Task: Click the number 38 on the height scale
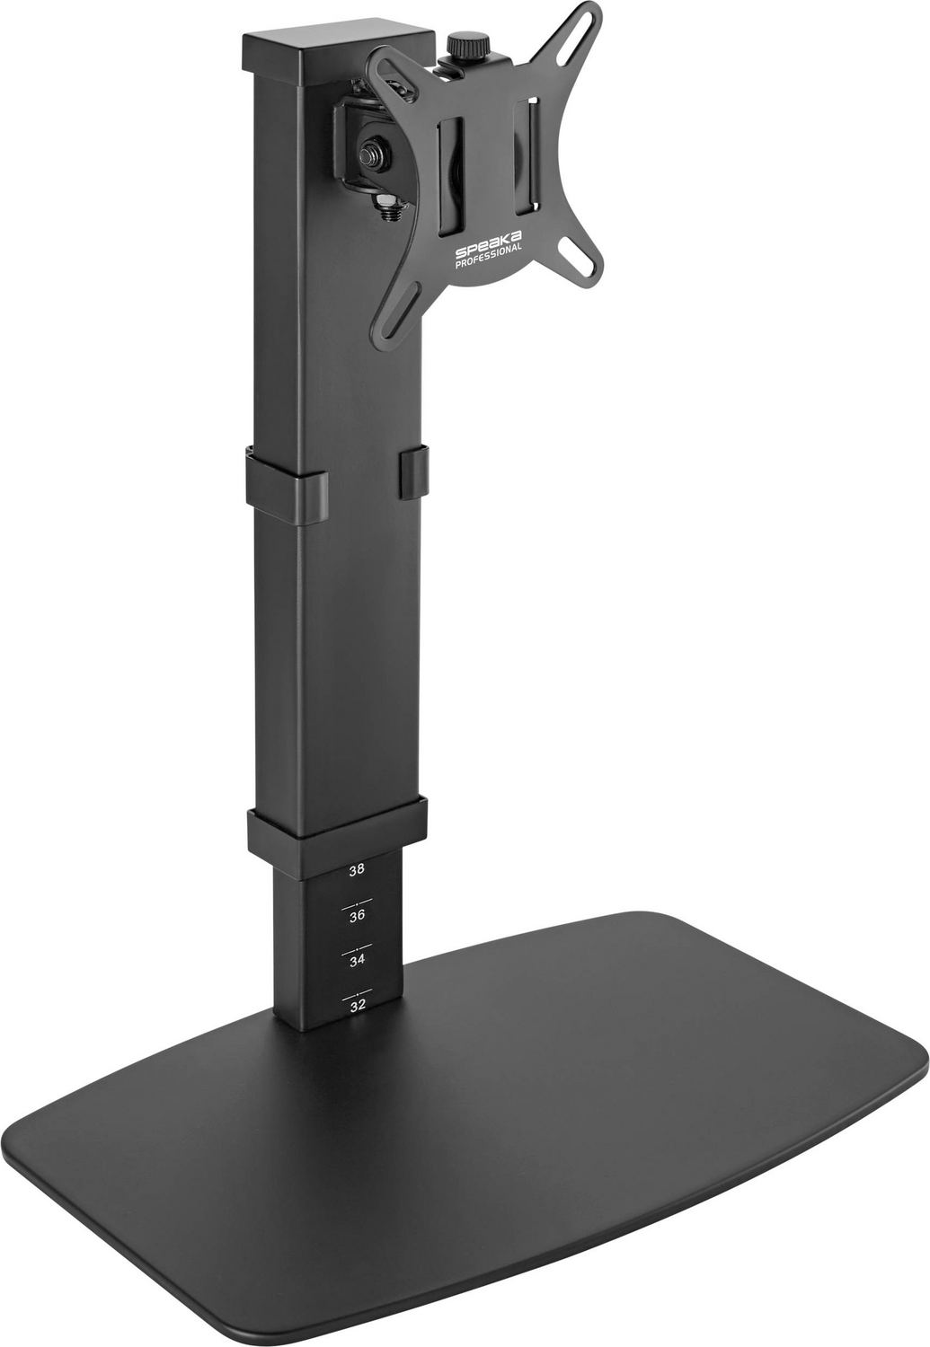point(357,869)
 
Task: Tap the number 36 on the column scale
point(358,915)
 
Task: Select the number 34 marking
point(358,960)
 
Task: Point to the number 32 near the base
point(358,1006)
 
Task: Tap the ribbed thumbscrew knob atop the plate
point(465,45)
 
